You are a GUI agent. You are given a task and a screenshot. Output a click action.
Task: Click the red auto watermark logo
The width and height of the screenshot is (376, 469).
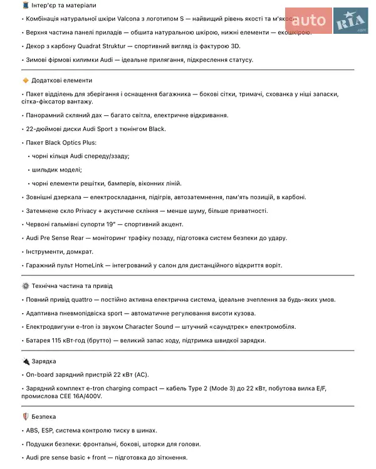click(308, 20)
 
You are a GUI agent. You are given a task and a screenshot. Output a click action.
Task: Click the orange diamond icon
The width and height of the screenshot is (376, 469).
click(26, 80)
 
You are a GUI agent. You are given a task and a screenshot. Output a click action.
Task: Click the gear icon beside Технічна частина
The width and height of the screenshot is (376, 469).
click(26, 286)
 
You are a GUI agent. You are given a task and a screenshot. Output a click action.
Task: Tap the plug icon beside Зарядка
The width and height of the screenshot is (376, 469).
click(26, 361)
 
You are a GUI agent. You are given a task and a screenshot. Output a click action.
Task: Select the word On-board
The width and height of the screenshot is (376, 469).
click(41, 374)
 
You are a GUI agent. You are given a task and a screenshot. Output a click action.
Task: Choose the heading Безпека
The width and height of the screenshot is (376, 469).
click(45, 416)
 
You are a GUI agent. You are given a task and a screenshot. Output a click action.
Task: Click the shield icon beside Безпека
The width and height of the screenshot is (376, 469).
click(26, 416)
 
